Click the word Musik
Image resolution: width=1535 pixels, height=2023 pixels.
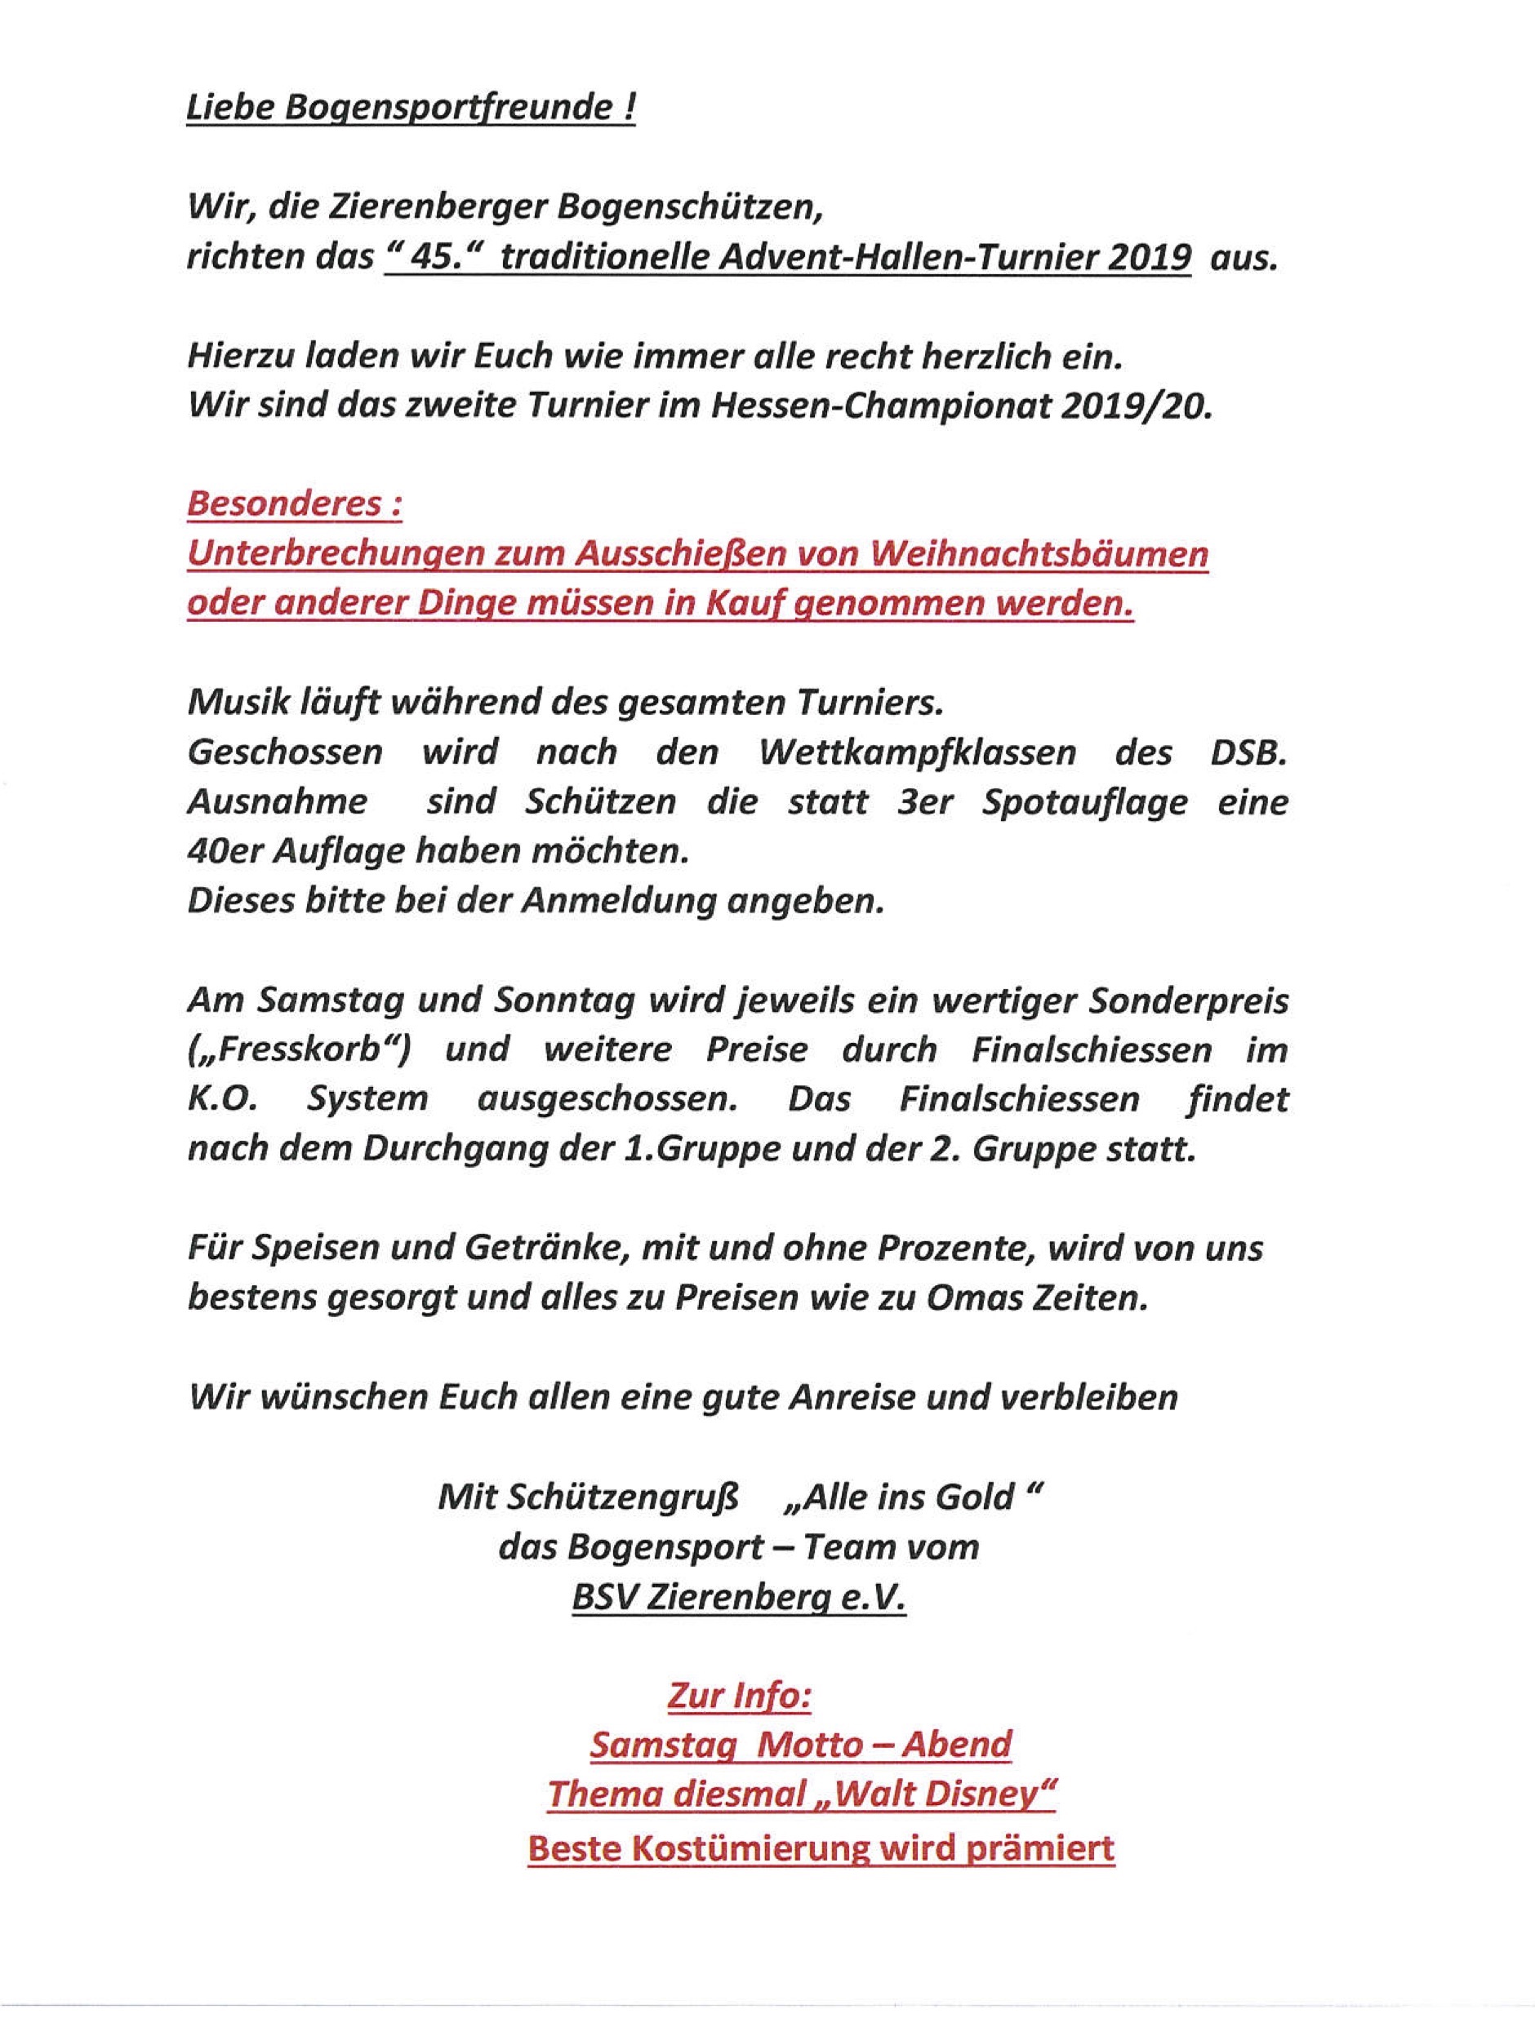(x=237, y=703)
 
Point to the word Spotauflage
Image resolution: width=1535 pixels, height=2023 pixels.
(x=1085, y=802)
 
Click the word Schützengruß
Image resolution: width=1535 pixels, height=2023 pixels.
(x=601, y=1497)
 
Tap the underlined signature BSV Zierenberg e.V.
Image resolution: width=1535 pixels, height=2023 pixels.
(x=738, y=1597)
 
